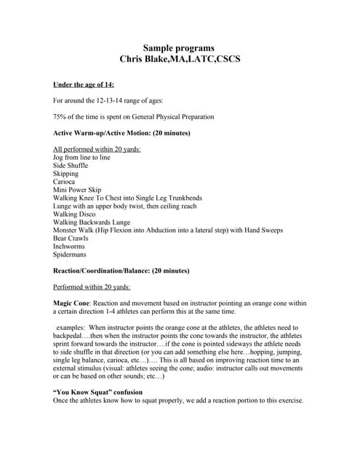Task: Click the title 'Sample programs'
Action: pyautogui.click(x=178, y=47)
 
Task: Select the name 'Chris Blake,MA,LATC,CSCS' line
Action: pyautogui.click(x=178, y=58)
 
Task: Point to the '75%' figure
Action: pyautogui.click(x=60, y=117)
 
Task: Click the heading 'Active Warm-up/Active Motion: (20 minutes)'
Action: pyautogui.click(x=121, y=133)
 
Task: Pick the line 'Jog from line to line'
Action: pyautogui.click(x=81, y=157)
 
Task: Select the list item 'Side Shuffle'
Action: pyautogui.click(x=71, y=166)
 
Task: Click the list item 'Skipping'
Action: pyautogui.click(x=66, y=174)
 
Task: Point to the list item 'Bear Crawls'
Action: pyautogui.click(x=71, y=238)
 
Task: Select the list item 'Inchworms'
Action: pyautogui.click(x=69, y=246)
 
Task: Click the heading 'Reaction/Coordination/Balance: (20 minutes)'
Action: pyautogui.click(x=121, y=270)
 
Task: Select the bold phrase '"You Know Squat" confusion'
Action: pyautogui.click(x=97, y=392)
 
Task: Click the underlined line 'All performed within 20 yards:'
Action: pyautogui.click(x=97, y=149)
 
